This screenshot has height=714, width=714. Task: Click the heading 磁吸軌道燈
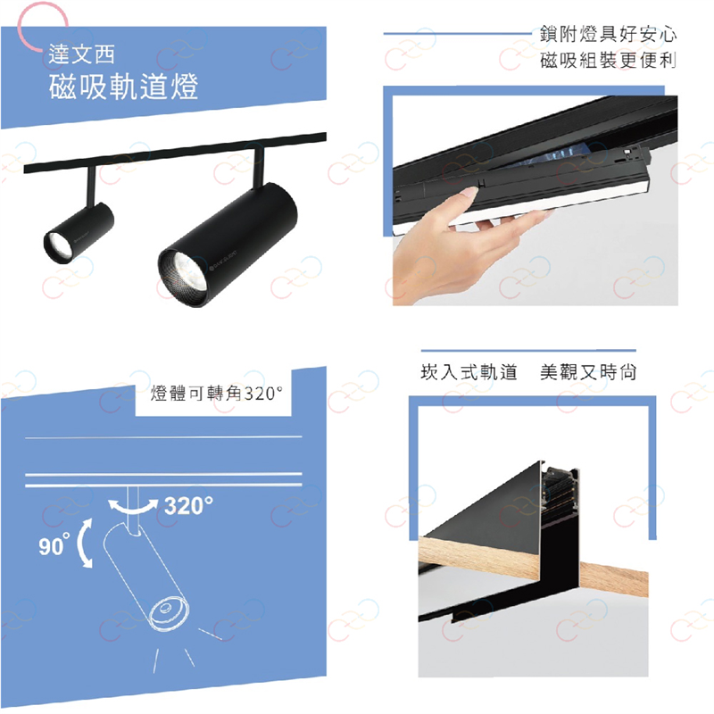tap(123, 86)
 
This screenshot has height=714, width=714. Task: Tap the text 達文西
tap(81, 54)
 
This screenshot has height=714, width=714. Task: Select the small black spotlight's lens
tap(59, 246)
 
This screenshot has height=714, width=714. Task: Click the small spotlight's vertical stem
tap(92, 187)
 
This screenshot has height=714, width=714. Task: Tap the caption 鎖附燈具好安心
tap(608, 34)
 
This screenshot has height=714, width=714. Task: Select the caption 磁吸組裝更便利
tap(608, 60)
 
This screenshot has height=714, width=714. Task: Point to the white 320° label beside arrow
tap(188, 505)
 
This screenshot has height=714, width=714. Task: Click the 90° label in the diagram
tap(54, 545)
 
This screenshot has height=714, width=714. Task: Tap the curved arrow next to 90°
tap(85, 544)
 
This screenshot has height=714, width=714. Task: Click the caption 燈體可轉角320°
tap(216, 394)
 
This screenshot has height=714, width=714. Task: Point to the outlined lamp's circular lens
tap(166, 611)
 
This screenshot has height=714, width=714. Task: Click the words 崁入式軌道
tap(469, 372)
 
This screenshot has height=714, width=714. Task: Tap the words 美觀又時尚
tap(588, 372)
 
